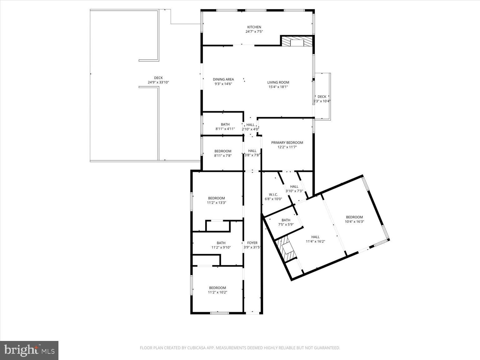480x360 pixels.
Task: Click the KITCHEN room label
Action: point(254,27)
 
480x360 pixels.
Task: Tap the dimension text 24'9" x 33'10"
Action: point(158,82)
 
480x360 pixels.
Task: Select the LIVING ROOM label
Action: point(278,82)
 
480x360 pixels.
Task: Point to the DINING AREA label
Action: point(223,79)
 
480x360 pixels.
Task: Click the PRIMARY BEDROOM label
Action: point(287,142)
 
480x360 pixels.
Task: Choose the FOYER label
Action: point(252,243)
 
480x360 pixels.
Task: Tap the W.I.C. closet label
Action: point(273,194)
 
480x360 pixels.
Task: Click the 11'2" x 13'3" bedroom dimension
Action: point(216,202)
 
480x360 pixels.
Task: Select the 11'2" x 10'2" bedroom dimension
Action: point(217,292)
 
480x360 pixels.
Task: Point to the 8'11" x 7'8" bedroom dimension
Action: point(222,156)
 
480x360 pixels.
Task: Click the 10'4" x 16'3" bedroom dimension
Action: point(354,222)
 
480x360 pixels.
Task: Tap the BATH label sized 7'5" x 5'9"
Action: point(286,220)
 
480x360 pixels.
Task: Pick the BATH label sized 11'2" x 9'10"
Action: point(221,243)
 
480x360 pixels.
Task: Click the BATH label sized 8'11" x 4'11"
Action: point(225,124)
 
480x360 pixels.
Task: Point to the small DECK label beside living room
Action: point(322,97)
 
